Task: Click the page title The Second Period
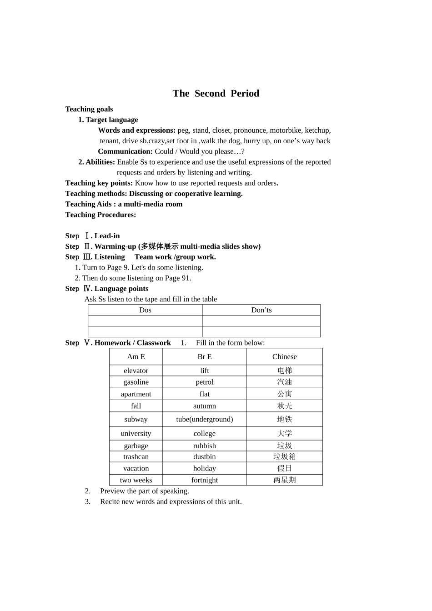pos(216,94)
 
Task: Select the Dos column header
pos(145,310)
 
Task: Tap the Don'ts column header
pos(261,310)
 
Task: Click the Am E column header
pos(136,357)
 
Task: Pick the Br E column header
pos(204,357)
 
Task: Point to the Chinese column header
pos(284,357)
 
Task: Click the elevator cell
pos(136,371)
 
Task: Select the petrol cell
pos(204,382)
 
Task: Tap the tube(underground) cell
pos(204,420)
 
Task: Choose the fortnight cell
pos(204,480)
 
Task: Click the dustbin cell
pos(204,457)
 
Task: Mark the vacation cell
pos(136,469)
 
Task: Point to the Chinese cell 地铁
pos(284,420)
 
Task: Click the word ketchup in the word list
pos(317,130)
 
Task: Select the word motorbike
pos(286,130)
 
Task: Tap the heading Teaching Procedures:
pos(100,215)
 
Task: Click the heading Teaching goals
pos(89,109)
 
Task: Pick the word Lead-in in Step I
pos(107,236)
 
